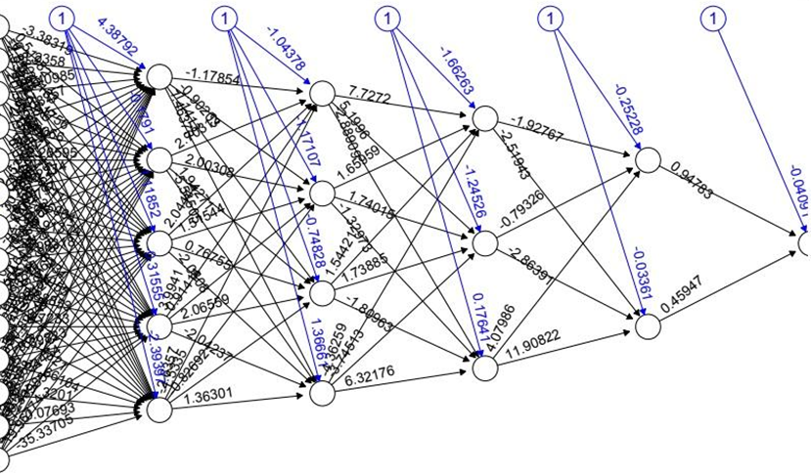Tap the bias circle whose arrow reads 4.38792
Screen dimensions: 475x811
pyautogui.click(x=65, y=18)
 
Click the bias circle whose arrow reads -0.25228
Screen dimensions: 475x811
pyautogui.click(x=553, y=18)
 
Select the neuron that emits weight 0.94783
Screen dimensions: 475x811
pyautogui.click(x=647, y=159)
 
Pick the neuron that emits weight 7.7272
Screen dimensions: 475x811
pyautogui.click(x=322, y=93)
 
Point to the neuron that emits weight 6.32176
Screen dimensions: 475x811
pyautogui.click(x=322, y=393)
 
